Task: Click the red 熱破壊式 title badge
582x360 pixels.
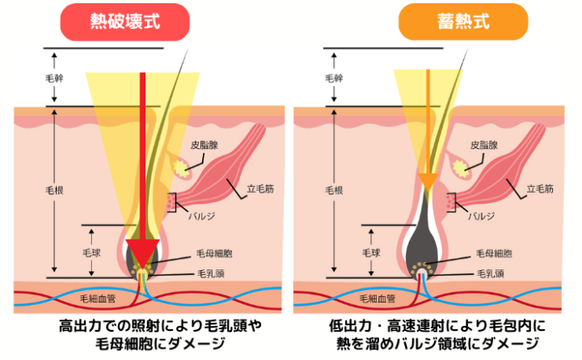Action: (125, 22)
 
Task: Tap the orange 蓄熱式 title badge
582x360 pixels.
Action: (463, 22)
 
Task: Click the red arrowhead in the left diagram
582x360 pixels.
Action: (142, 252)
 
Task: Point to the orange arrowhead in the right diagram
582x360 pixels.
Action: (428, 182)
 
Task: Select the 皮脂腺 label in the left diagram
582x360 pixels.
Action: (205, 146)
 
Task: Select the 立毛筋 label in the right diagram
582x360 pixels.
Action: (540, 189)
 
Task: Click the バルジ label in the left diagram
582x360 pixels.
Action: (201, 216)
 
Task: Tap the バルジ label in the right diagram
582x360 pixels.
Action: (482, 216)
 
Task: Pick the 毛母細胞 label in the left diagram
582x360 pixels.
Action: (214, 254)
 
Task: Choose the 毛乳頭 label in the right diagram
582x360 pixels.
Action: (491, 273)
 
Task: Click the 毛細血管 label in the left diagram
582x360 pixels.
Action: (98, 299)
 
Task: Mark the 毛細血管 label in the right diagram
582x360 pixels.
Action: (377, 299)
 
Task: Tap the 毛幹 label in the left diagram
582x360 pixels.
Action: (54, 78)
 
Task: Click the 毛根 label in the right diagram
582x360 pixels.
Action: (334, 191)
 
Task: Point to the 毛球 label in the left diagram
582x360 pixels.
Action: (91, 253)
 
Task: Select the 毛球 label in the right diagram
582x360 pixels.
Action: (371, 253)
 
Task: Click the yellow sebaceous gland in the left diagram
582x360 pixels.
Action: (181, 168)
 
